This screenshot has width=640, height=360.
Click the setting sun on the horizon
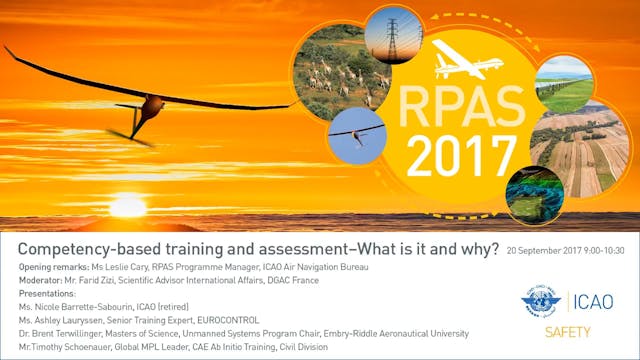(x=127, y=207)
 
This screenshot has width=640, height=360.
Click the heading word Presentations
(x=49, y=294)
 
